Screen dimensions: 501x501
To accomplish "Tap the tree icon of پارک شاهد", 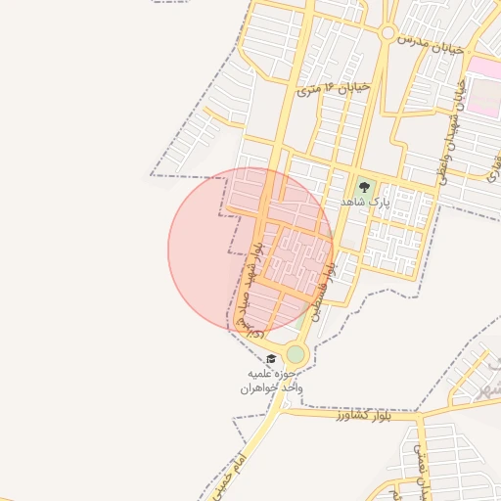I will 364,185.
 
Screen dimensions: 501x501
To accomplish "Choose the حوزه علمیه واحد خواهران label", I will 274,381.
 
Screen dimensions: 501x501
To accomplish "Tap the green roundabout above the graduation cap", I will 296,353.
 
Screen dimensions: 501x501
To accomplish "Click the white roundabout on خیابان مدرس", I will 387,34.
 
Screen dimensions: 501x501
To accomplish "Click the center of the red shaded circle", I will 250,249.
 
